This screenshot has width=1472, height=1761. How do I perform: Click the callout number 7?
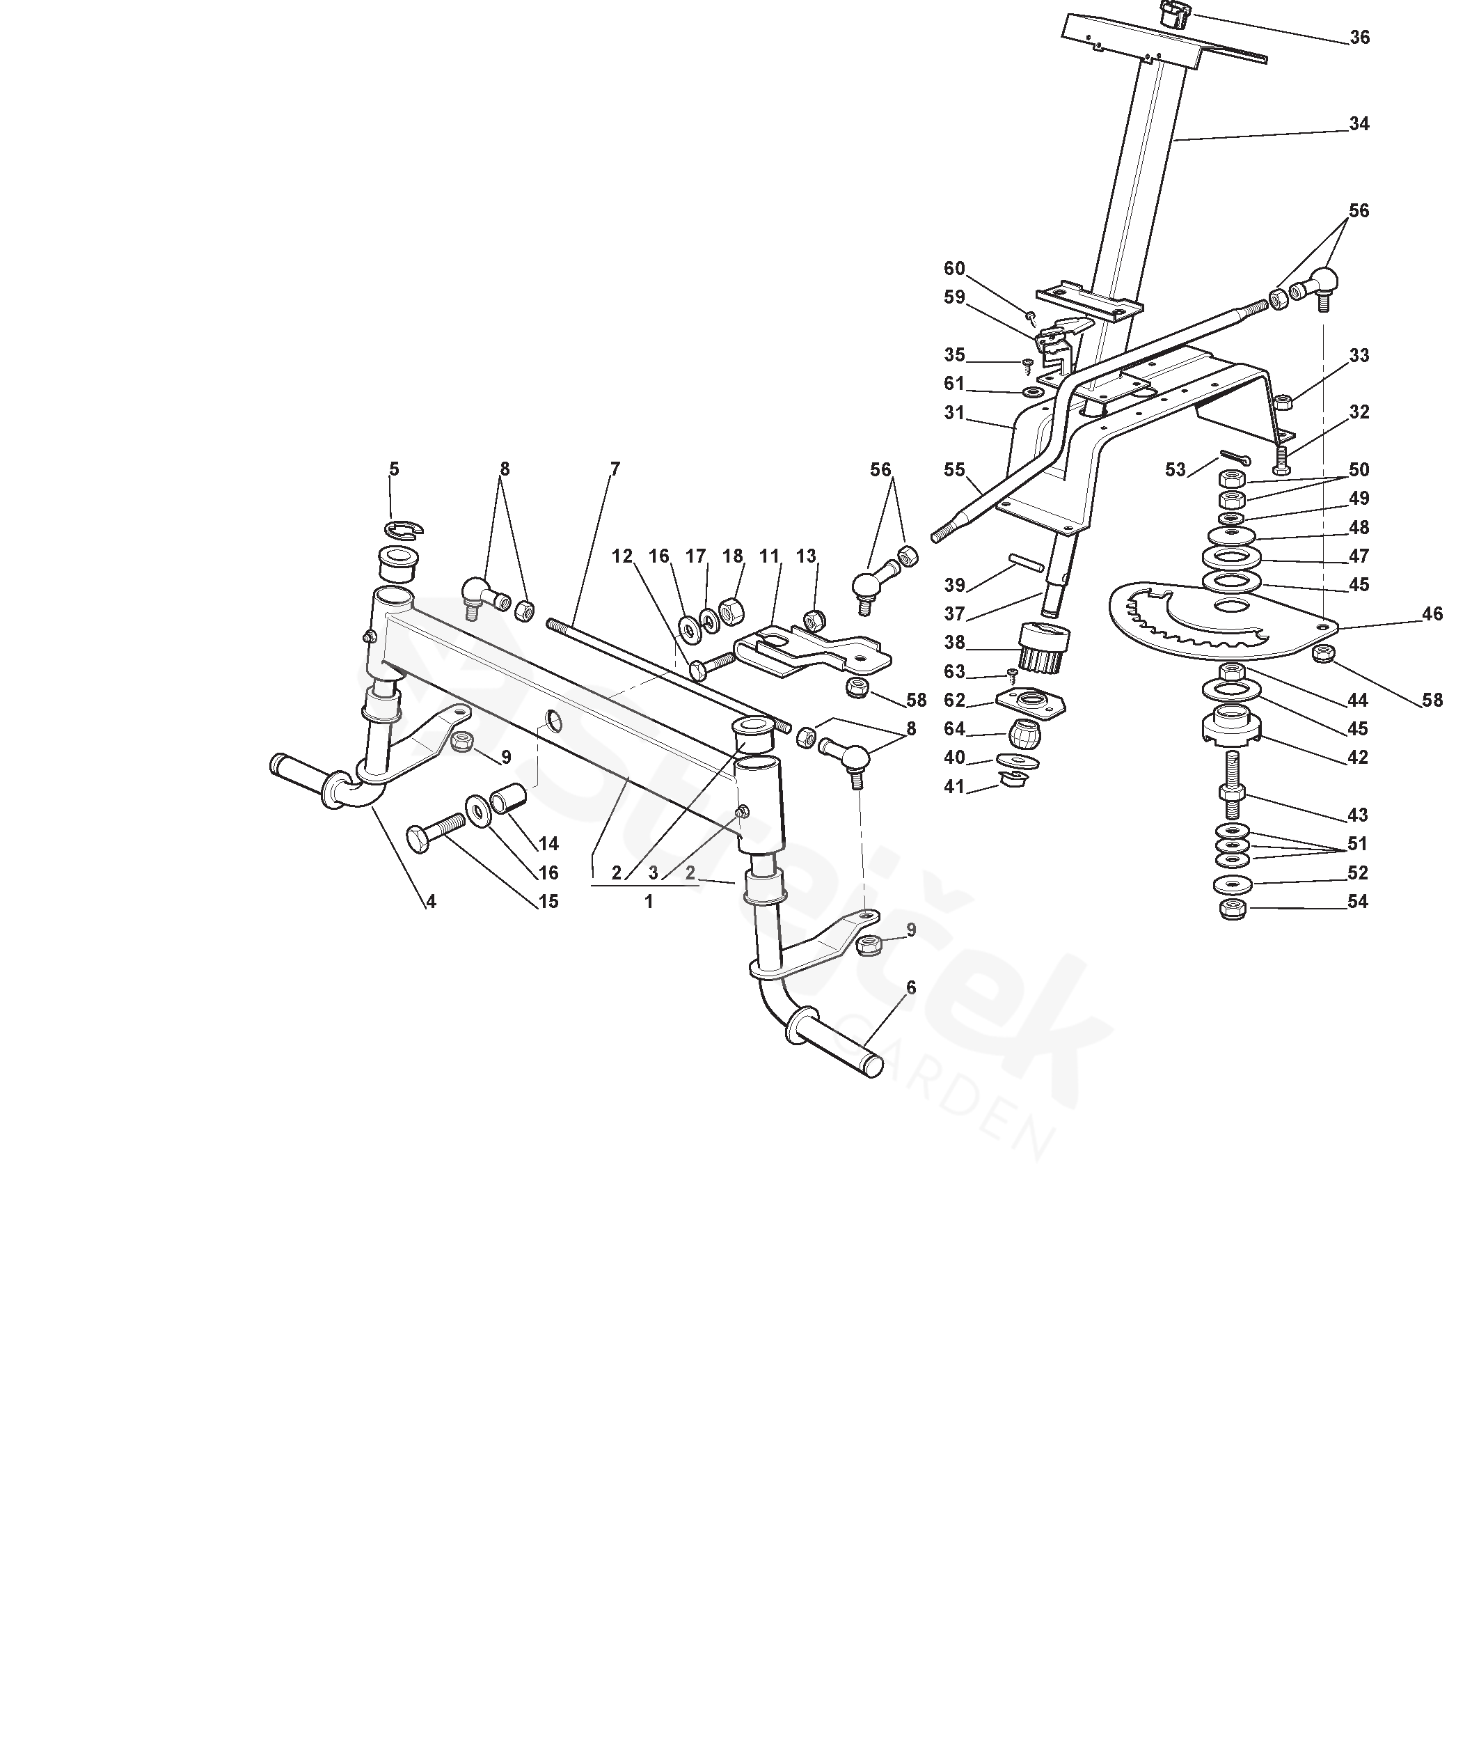point(615,469)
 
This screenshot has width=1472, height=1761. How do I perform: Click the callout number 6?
point(910,988)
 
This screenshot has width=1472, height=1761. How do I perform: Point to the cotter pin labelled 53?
point(1234,458)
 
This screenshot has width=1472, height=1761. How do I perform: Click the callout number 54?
point(1358,902)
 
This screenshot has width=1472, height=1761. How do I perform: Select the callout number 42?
point(1358,757)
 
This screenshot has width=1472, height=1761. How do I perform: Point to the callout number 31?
point(954,414)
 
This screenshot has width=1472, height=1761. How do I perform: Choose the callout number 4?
point(430,902)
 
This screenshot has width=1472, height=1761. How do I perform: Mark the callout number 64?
point(954,729)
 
